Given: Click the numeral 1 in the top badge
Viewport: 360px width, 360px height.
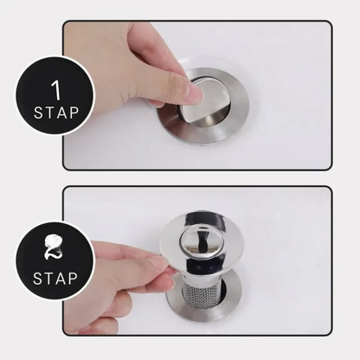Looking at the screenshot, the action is pos(57,90).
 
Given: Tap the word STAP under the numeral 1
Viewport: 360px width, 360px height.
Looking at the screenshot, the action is pos(56,112).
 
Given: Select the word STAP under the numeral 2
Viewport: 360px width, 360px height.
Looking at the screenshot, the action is pos(55,279).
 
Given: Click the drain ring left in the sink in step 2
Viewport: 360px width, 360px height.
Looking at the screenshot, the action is pos(203,302).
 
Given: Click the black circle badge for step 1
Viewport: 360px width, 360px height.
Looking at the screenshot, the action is pos(55,95).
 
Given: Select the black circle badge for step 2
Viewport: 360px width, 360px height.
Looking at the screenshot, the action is pos(55,261).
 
